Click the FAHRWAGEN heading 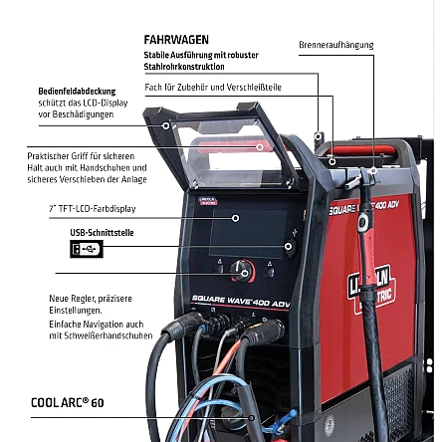pos(176,40)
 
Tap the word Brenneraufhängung pos(336,45)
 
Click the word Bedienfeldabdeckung pos(77,92)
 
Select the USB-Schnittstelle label pos(102,233)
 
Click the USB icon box pos(87,249)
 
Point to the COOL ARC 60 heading pos(68,402)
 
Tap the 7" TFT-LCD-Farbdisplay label pos(93,209)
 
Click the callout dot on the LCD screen pos(236,218)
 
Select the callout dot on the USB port pos(289,246)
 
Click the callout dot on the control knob pos(245,274)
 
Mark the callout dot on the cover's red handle pos(260,146)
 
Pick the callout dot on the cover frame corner pos(166,125)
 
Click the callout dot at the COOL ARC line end pos(252,418)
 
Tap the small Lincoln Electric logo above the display pos(208,200)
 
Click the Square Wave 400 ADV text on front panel pos(241,301)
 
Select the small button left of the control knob pos(219,268)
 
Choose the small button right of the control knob pos(270,272)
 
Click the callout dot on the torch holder pos(373,170)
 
